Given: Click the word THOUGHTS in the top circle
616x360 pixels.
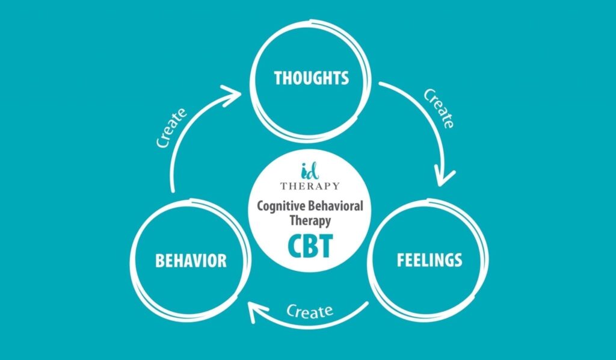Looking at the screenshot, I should tap(311, 78).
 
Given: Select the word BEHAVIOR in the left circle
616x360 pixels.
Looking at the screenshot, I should tap(191, 261).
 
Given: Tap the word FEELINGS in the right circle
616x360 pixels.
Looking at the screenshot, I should tap(430, 259).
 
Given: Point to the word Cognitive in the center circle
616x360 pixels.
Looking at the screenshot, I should tap(282, 206).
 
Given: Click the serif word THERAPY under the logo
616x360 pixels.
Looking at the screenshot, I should tap(310, 186).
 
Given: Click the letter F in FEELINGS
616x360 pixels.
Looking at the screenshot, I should tap(401, 259).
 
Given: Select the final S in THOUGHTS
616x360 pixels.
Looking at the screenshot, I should tap(345, 78).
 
